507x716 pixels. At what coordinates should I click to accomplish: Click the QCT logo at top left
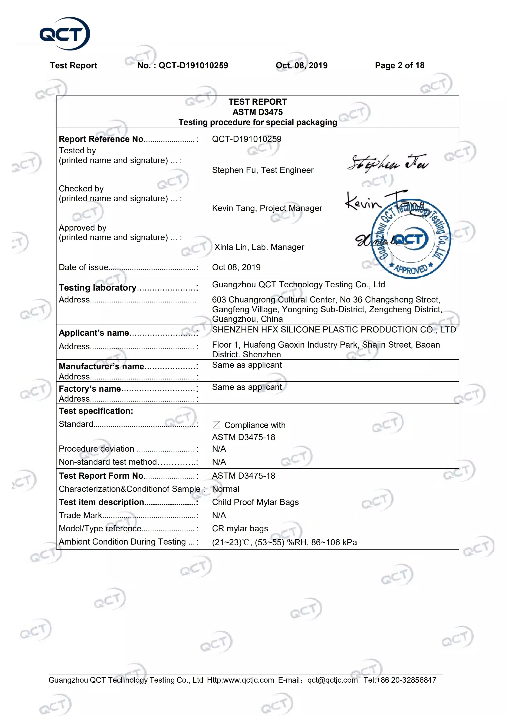(65, 34)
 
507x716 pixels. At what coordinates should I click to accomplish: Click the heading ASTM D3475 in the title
(258, 112)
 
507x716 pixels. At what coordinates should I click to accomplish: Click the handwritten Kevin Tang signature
(375, 201)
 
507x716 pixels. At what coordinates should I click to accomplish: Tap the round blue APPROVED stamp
(411, 239)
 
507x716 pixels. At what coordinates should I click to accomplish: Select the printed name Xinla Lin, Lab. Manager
(259, 247)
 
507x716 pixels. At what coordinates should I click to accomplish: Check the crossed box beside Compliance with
(216, 425)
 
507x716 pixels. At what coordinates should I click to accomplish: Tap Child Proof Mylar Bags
(255, 502)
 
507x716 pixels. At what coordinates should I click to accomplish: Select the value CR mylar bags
(240, 529)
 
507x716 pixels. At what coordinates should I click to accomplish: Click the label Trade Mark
(80, 515)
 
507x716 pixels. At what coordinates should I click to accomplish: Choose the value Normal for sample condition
(225, 489)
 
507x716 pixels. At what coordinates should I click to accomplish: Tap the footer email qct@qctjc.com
(332, 680)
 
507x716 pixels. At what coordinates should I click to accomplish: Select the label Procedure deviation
(96, 449)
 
